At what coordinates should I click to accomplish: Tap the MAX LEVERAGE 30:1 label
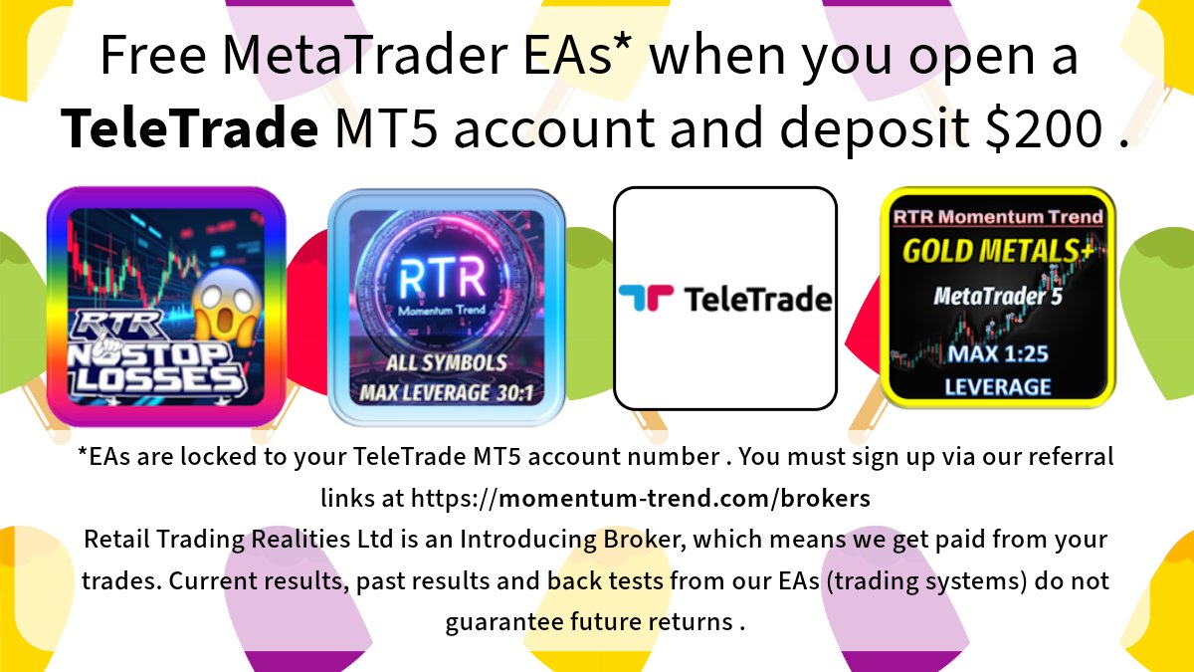[447, 392]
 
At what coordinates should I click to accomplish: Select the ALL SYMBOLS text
[447, 363]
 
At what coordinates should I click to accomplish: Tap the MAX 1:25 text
[998, 354]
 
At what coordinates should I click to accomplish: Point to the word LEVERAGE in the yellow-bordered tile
[998, 385]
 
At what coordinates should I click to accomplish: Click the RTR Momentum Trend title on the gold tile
[998, 217]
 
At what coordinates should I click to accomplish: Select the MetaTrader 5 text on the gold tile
[998, 296]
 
